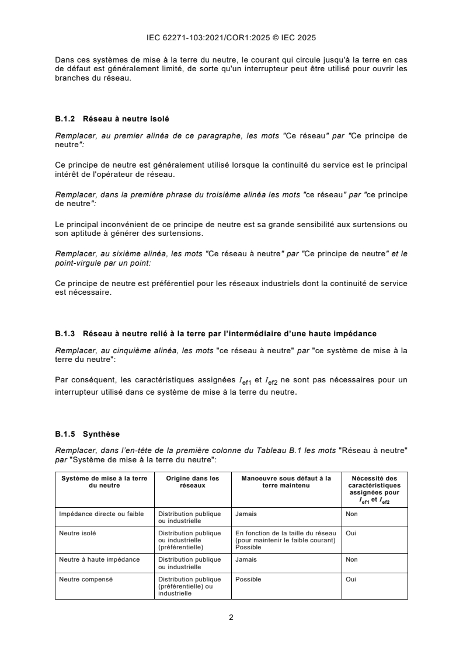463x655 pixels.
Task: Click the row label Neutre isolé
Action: pyautogui.click(x=78, y=533)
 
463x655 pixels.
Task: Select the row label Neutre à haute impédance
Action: pyautogui.click(x=99, y=559)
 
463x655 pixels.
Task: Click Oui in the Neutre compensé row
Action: pyautogui.click(x=351, y=580)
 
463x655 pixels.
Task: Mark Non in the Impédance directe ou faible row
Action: pyautogui.click(x=351, y=514)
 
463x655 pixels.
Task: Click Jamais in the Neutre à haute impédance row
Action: pyautogui.click(x=246, y=559)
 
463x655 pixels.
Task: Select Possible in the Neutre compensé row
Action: pyautogui.click(x=248, y=580)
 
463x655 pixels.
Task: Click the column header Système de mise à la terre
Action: pyautogui.click(x=104, y=482)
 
